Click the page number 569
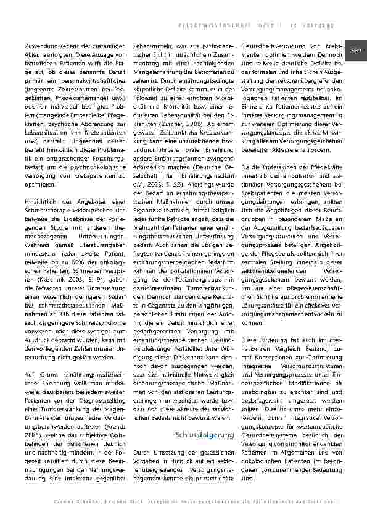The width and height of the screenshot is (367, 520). pos(356,50)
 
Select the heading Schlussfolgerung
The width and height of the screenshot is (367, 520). pos(205,436)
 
